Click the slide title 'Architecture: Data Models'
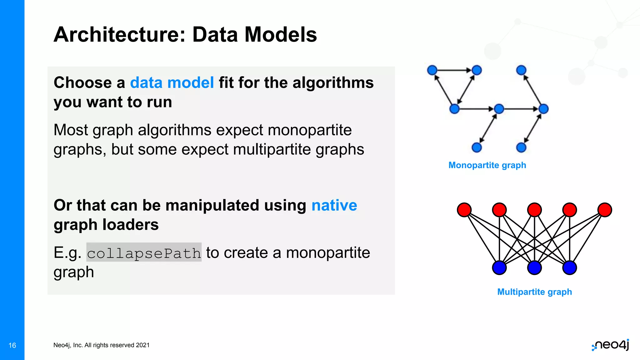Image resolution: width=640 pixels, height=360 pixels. tap(185, 34)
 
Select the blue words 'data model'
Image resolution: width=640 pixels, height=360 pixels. tap(172, 83)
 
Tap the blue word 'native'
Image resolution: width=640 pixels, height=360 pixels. tap(334, 205)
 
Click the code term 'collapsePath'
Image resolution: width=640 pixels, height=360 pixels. tap(144, 252)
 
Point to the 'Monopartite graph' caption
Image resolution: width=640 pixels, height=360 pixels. tap(487, 165)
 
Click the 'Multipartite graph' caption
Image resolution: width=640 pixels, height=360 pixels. tap(534, 292)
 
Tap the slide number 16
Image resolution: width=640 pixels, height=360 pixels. tap(12, 345)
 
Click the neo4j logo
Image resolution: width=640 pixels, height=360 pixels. tap(611, 345)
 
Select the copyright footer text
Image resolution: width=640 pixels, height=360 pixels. tap(101, 345)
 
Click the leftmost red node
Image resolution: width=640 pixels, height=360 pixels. tap(464, 210)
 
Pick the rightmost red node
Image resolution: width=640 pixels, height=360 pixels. tap(605, 210)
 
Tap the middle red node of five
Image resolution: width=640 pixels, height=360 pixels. tap(534, 210)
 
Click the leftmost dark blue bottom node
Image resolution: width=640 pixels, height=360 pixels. tap(499, 268)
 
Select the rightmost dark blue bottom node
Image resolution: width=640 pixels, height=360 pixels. tap(569, 268)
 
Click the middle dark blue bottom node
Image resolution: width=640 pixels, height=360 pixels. tap(534, 268)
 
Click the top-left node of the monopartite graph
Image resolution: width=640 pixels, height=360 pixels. tap(432, 70)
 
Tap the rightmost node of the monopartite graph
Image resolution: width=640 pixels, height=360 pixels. tap(544, 109)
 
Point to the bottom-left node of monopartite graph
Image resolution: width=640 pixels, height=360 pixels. tap(477, 147)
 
